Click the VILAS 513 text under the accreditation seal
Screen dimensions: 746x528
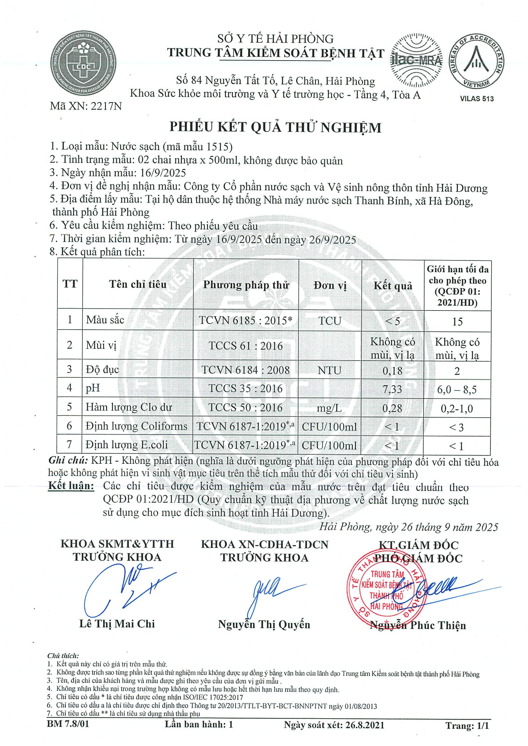(x=477, y=99)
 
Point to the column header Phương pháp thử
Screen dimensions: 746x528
(x=246, y=285)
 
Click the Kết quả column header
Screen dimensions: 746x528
(x=393, y=286)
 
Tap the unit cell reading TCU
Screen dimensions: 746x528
(x=329, y=321)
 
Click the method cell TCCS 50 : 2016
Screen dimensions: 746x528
(x=245, y=407)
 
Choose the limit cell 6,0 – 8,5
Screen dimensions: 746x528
(x=457, y=390)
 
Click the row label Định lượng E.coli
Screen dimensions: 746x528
(x=127, y=444)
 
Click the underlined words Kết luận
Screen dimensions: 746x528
(x=71, y=486)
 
